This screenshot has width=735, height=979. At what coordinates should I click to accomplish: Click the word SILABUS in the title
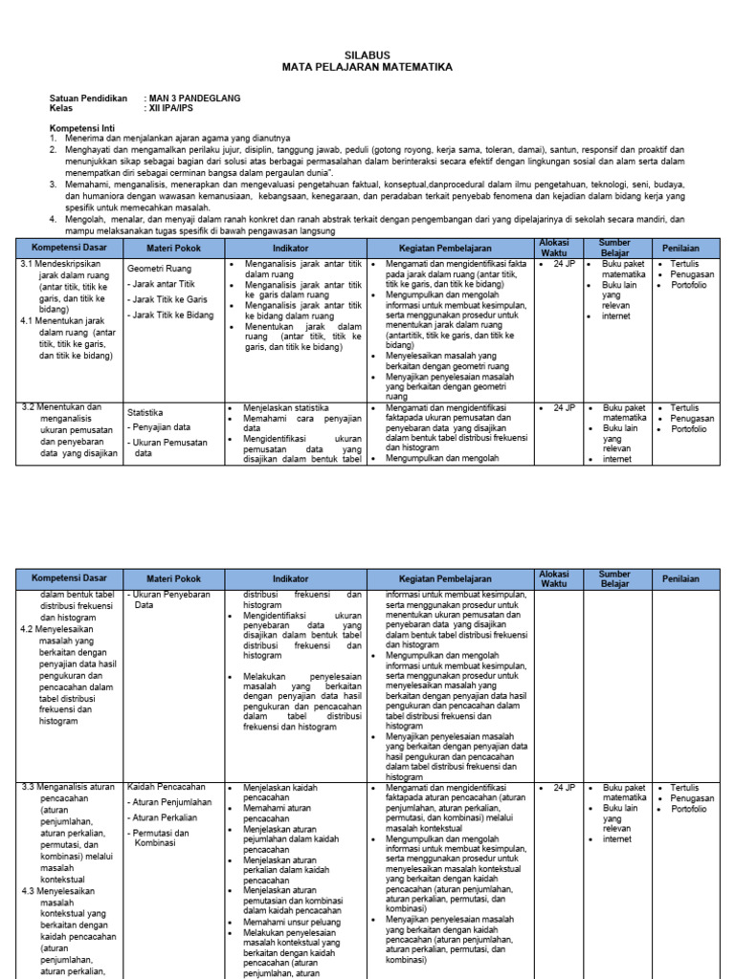click(x=367, y=56)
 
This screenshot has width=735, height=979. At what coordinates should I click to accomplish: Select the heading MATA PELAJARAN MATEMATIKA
click(x=367, y=68)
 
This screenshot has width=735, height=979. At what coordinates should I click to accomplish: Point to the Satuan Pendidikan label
click(x=88, y=98)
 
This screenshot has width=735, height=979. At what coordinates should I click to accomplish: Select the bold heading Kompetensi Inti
click(x=81, y=127)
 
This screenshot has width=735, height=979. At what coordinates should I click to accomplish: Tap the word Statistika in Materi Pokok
click(x=145, y=413)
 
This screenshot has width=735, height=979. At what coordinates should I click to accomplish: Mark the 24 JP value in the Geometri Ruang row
click(x=561, y=262)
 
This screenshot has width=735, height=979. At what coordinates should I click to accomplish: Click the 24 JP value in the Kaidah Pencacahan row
click(x=561, y=787)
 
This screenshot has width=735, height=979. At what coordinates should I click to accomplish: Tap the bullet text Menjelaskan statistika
click(x=288, y=407)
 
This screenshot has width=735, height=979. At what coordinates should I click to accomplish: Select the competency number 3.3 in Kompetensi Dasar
click(x=28, y=787)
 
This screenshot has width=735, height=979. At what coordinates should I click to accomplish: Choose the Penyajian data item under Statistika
click(x=161, y=427)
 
